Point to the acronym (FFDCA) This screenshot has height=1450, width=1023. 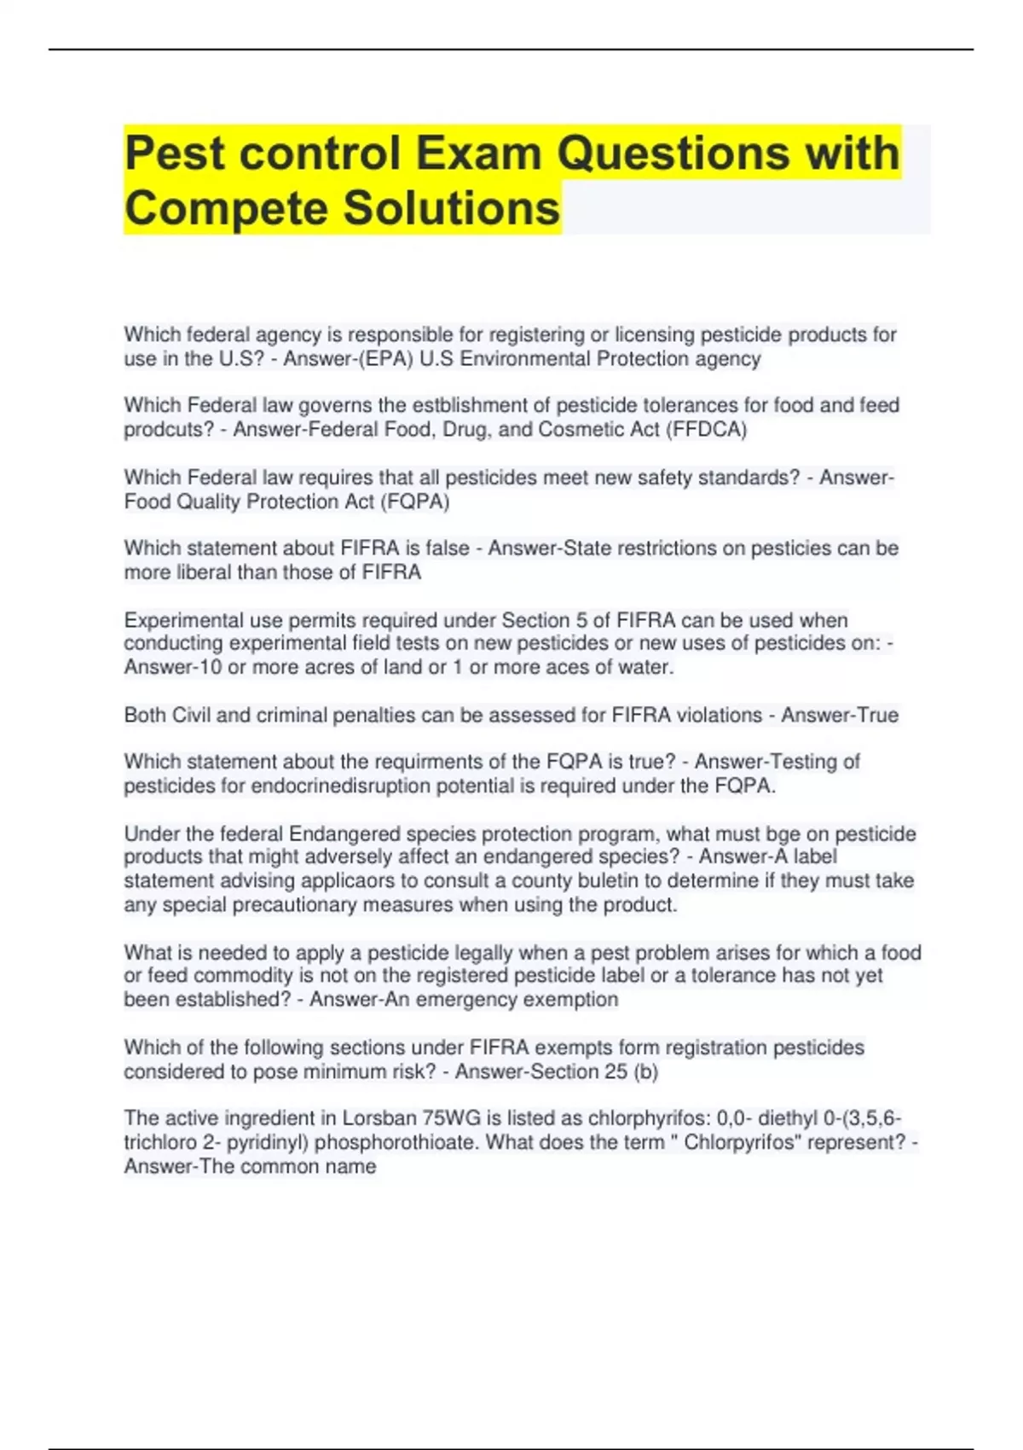(709, 430)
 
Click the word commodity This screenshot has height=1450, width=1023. (220, 976)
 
